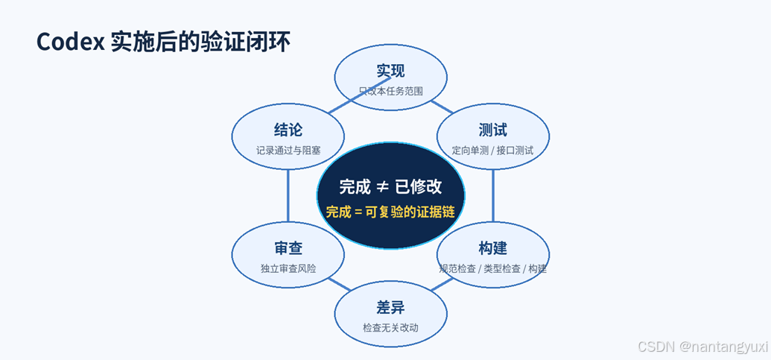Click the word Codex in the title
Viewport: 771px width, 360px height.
70,42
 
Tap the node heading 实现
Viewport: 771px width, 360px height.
391,71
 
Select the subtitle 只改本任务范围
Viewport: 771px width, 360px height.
391,92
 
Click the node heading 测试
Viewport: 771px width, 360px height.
492,130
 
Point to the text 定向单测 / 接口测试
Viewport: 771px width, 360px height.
492,151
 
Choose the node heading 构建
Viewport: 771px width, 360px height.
492,248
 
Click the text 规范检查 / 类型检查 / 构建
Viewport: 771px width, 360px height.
492,269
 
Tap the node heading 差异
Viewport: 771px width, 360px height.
391,307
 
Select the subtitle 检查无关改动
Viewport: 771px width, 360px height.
391,328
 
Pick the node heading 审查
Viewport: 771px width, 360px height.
288,248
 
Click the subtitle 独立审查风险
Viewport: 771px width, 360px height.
288,269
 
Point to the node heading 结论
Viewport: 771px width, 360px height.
288,130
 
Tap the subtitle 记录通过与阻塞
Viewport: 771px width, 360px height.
288,151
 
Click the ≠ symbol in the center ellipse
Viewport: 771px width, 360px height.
383,187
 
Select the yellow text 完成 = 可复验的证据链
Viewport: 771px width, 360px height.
390,212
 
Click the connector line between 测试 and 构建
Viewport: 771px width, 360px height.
493,195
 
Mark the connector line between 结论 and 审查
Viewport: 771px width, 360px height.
288,195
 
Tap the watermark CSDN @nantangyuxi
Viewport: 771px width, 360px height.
702,346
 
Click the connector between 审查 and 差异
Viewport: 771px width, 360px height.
339,284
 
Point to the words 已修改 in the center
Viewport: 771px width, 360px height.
419,187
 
